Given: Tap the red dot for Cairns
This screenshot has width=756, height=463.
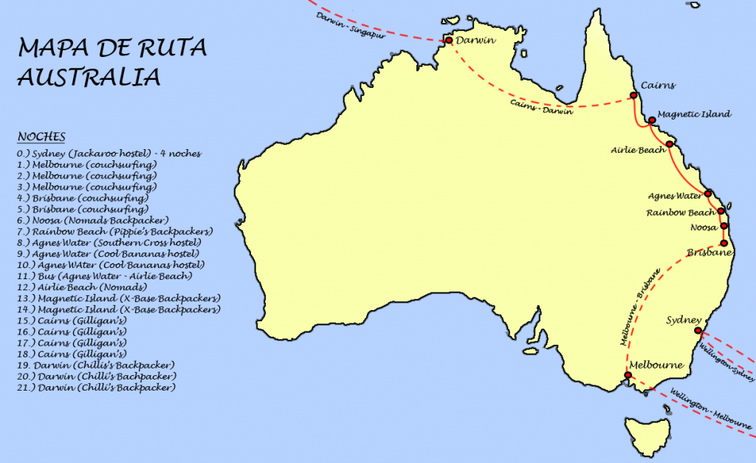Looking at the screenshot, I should point(633,96).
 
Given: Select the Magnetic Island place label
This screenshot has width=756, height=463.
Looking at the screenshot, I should point(694,114).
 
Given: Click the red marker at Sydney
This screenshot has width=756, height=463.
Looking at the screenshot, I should point(697,331).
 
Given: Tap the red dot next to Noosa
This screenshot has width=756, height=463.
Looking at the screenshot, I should point(724,226).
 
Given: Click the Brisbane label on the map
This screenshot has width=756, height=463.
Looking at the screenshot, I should point(709,253).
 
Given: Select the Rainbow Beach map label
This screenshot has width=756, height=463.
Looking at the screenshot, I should point(681,212).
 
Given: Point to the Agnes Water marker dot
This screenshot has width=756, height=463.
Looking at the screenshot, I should point(709,194).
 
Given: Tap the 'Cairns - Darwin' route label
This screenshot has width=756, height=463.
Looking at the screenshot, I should point(540,107).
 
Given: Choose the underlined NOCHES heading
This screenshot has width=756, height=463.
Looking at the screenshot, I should point(41,137).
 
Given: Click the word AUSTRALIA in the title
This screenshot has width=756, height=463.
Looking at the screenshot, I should point(89,78).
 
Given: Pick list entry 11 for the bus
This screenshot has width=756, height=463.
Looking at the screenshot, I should point(104,275).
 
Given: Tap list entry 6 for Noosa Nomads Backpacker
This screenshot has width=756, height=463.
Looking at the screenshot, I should point(92,220).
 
